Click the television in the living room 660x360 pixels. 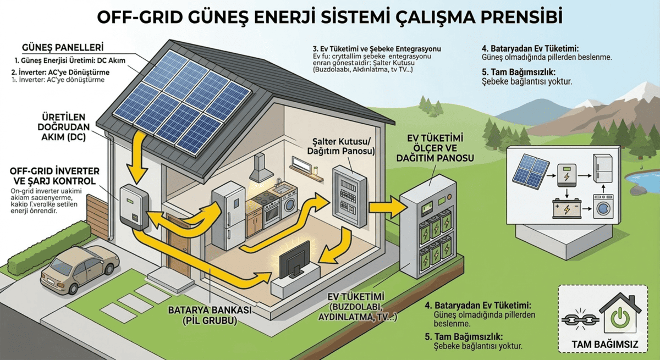point(294,258)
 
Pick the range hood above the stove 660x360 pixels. point(260,168)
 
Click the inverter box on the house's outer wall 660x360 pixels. point(134,206)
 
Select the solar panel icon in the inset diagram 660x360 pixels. point(530,170)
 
